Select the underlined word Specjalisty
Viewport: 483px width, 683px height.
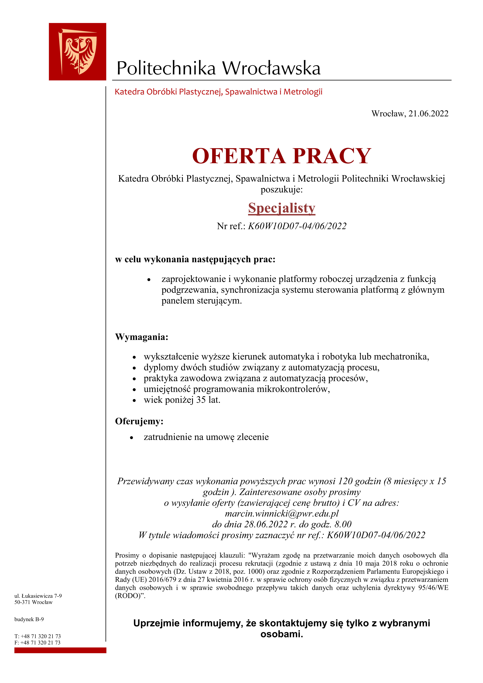click(282, 208)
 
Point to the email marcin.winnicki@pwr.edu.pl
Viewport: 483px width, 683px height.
click(282, 513)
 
